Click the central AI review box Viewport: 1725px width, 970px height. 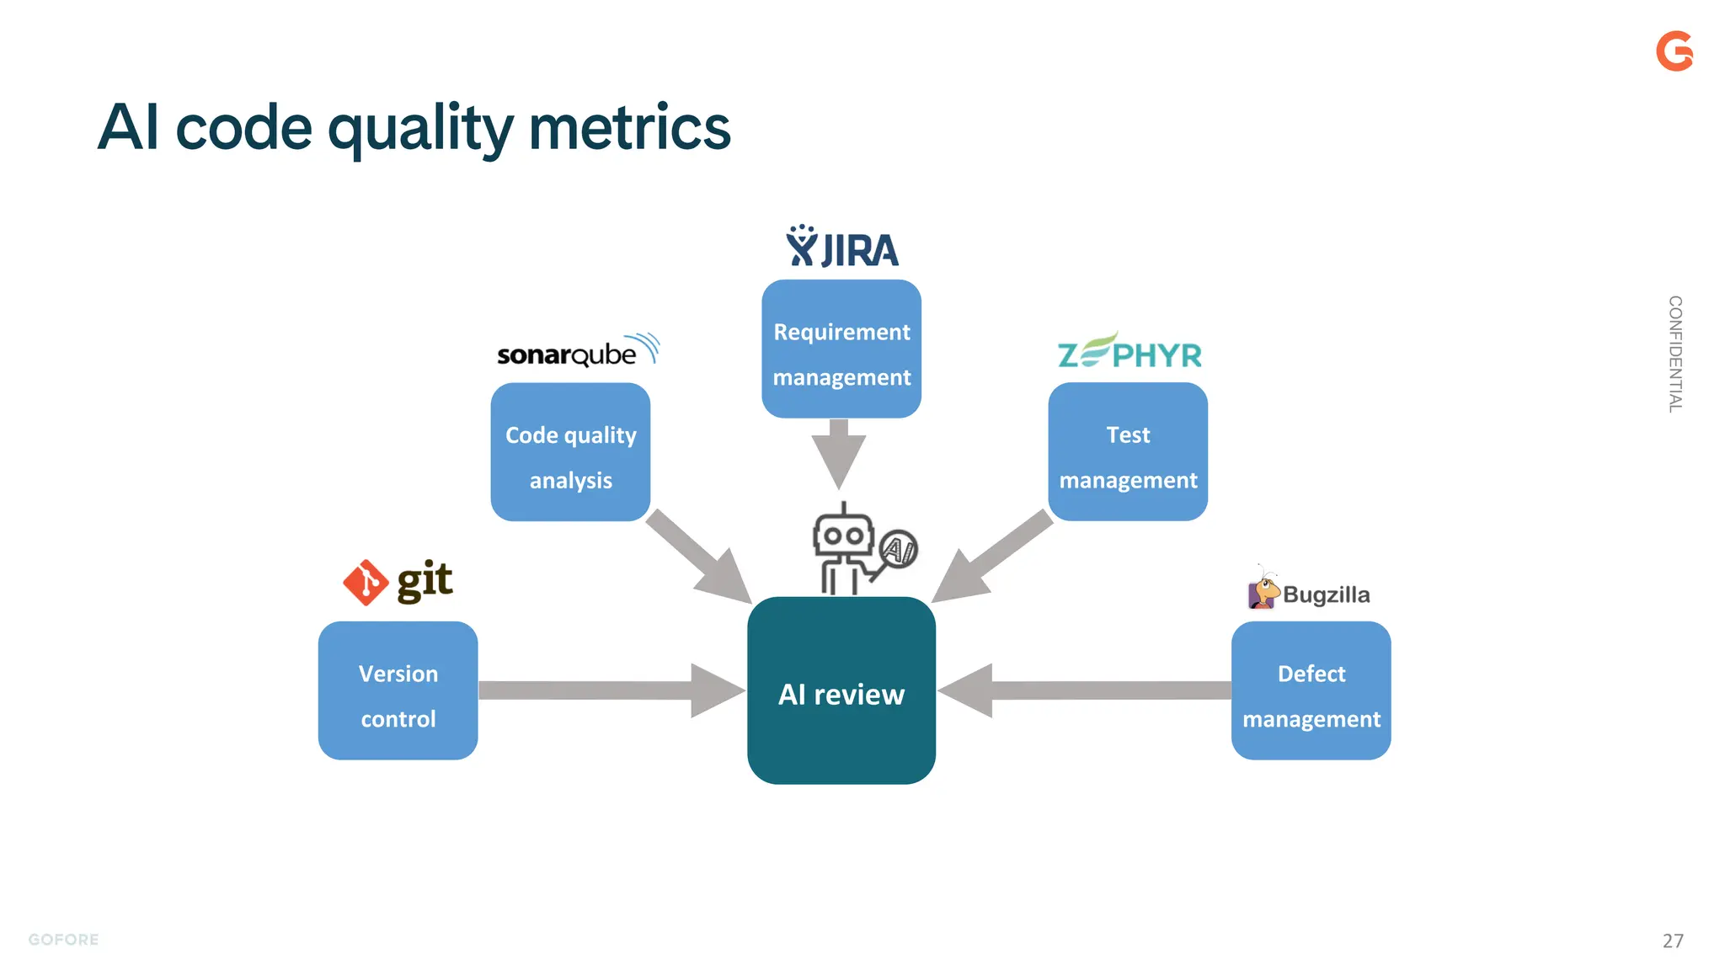841,690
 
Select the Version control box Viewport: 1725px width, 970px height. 398,690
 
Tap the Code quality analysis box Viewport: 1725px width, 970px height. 570,452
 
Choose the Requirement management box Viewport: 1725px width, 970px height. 841,349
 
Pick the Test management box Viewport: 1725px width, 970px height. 1127,452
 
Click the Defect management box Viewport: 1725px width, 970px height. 1311,690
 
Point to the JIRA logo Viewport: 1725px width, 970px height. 841,248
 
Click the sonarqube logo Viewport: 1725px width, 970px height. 577,352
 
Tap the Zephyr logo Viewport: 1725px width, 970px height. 1129,352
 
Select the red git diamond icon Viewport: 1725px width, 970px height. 366,583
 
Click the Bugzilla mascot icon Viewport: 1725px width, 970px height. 1263,589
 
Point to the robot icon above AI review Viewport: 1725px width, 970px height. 845,550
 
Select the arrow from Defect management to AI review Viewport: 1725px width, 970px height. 1087,690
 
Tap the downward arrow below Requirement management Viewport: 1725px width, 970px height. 838,453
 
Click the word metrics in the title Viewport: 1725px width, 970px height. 629,128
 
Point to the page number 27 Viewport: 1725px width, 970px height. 1673,941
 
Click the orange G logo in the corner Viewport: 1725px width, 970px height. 1674,51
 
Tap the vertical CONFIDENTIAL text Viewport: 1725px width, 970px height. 1674,354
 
